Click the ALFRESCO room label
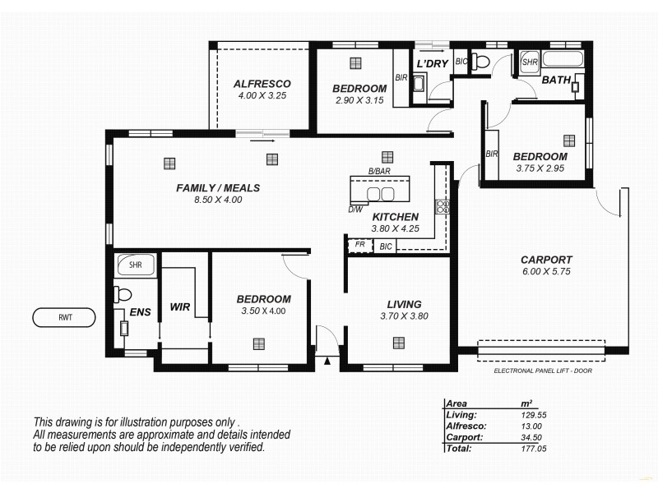point(262,84)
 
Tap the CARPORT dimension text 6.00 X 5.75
point(545,271)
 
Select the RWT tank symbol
point(63,317)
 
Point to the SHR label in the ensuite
point(136,265)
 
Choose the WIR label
point(180,307)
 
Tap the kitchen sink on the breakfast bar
point(380,194)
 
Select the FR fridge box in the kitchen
point(359,245)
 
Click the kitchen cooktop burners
point(442,206)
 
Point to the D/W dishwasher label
point(355,210)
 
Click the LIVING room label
point(404,304)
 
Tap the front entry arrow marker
point(327,360)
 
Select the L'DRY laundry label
point(432,63)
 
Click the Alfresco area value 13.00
point(531,426)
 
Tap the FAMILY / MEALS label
point(218,188)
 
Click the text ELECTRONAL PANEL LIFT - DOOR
point(543,371)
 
